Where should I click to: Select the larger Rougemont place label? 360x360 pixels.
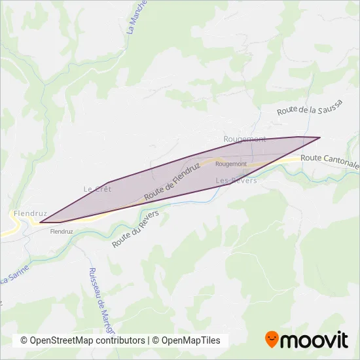[245, 139]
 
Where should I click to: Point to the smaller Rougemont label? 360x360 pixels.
[230, 164]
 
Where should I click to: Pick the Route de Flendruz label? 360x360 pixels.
[172, 181]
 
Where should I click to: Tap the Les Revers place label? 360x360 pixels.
[236, 179]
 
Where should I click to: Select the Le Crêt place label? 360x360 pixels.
[98, 189]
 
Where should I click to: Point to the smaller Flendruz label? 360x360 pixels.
[61, 231]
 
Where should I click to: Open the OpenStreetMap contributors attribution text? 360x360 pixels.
[83, 340]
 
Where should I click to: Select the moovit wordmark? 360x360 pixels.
[315, 340]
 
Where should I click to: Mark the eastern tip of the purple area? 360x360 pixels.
[320, 137]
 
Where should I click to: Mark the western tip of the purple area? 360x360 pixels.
[40, 223]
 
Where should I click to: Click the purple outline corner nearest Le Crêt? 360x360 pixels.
[108, 182]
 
